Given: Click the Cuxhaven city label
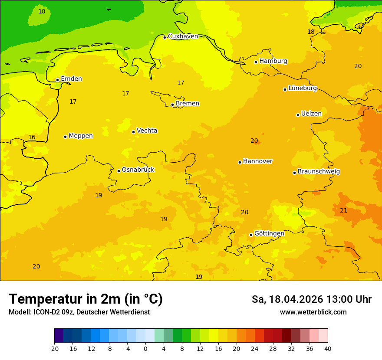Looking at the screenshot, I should point(183,36).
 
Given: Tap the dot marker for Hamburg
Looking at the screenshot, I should point(256,62).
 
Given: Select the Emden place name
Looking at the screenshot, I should point(71,79).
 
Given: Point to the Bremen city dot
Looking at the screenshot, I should point(172,105).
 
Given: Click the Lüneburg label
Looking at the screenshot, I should point(303,88).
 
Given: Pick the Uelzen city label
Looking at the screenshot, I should point(311,114).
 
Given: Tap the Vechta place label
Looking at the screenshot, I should point(147,131).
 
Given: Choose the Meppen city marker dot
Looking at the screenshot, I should point(65,137).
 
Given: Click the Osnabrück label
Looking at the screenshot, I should point(138,170).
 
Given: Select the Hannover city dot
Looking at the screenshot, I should point(240,162).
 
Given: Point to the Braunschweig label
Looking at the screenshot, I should point(319,171).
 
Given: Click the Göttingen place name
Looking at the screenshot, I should point(269,233).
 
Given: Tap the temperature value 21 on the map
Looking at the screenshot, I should point(343,210).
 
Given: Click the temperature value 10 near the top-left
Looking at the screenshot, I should point(42,11).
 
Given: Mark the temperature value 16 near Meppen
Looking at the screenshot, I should point(32,137).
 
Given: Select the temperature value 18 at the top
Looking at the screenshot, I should point(311,32).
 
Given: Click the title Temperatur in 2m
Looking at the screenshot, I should point(86,299).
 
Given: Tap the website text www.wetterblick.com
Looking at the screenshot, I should point(313,312).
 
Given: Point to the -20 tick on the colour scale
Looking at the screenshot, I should point(54,349).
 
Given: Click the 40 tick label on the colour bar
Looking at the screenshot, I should point(328,349).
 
